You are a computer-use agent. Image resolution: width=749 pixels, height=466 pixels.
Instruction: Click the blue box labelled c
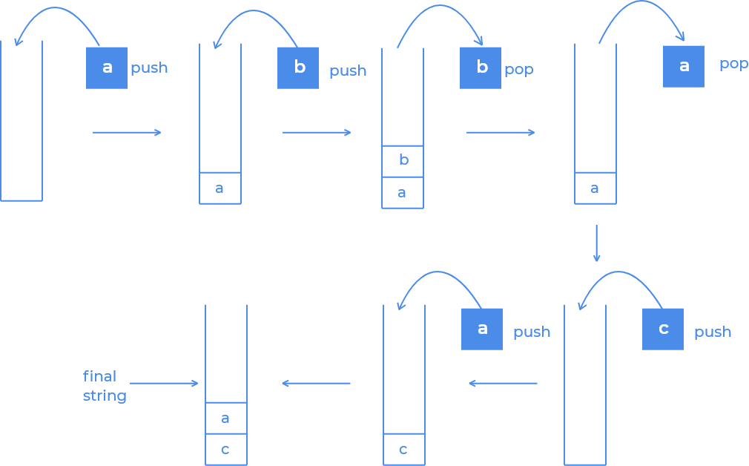[663, 329]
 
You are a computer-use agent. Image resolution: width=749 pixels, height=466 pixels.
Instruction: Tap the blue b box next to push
[298, 68]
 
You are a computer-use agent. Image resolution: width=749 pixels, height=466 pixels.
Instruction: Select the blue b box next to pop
[481, 68]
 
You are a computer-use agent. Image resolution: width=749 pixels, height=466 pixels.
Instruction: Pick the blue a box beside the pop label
[684, 66]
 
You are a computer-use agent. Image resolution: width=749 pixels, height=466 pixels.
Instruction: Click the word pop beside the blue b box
[519, 70]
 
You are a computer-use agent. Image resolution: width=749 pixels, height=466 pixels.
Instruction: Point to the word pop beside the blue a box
[733, 65]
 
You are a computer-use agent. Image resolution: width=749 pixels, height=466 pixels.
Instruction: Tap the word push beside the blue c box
[713, 332]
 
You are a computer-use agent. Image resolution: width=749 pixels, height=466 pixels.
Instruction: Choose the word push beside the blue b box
[348, 71]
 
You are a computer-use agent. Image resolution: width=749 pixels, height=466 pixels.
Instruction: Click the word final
[99, 376]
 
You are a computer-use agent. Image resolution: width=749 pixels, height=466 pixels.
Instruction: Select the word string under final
[105, 396]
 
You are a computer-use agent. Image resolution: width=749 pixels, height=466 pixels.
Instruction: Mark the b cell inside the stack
[403, 161]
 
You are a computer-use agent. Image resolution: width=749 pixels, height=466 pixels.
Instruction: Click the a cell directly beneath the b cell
[403, 193]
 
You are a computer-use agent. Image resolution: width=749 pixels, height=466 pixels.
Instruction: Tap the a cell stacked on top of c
[225, 419]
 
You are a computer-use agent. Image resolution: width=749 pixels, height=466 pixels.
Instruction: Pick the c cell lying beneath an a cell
[225, 450]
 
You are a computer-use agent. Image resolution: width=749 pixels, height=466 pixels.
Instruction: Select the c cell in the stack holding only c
[403, 450]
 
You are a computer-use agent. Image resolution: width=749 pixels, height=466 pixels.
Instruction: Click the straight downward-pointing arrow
[596, 243]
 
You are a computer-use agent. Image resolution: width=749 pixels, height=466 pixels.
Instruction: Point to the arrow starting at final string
[165, 384]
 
